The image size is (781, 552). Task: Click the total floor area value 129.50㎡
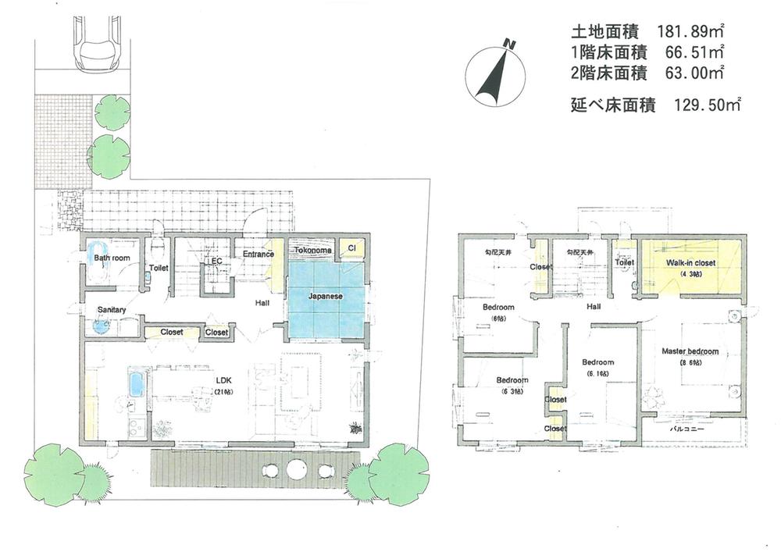[x=707, y=103]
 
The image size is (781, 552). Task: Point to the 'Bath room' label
[x=112, y=257]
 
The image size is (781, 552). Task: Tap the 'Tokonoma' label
[x=314, y=250]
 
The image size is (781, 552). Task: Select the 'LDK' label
[x=226, y=380]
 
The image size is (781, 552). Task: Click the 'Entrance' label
[x=258, y=254]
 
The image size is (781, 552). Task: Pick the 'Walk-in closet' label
[x=690, y=265]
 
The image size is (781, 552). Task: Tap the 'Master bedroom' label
[x=690, y=352]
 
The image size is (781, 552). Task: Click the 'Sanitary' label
[x=112, y=310]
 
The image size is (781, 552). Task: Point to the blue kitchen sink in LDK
[x=136, y=383]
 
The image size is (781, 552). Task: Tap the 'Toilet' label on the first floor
[x=159, y=268]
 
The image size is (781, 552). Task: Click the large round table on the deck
[x=296, y=469]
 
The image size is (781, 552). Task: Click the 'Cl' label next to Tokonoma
[x=351, y=249]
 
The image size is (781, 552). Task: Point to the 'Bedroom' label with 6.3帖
[x=512, y=381]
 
